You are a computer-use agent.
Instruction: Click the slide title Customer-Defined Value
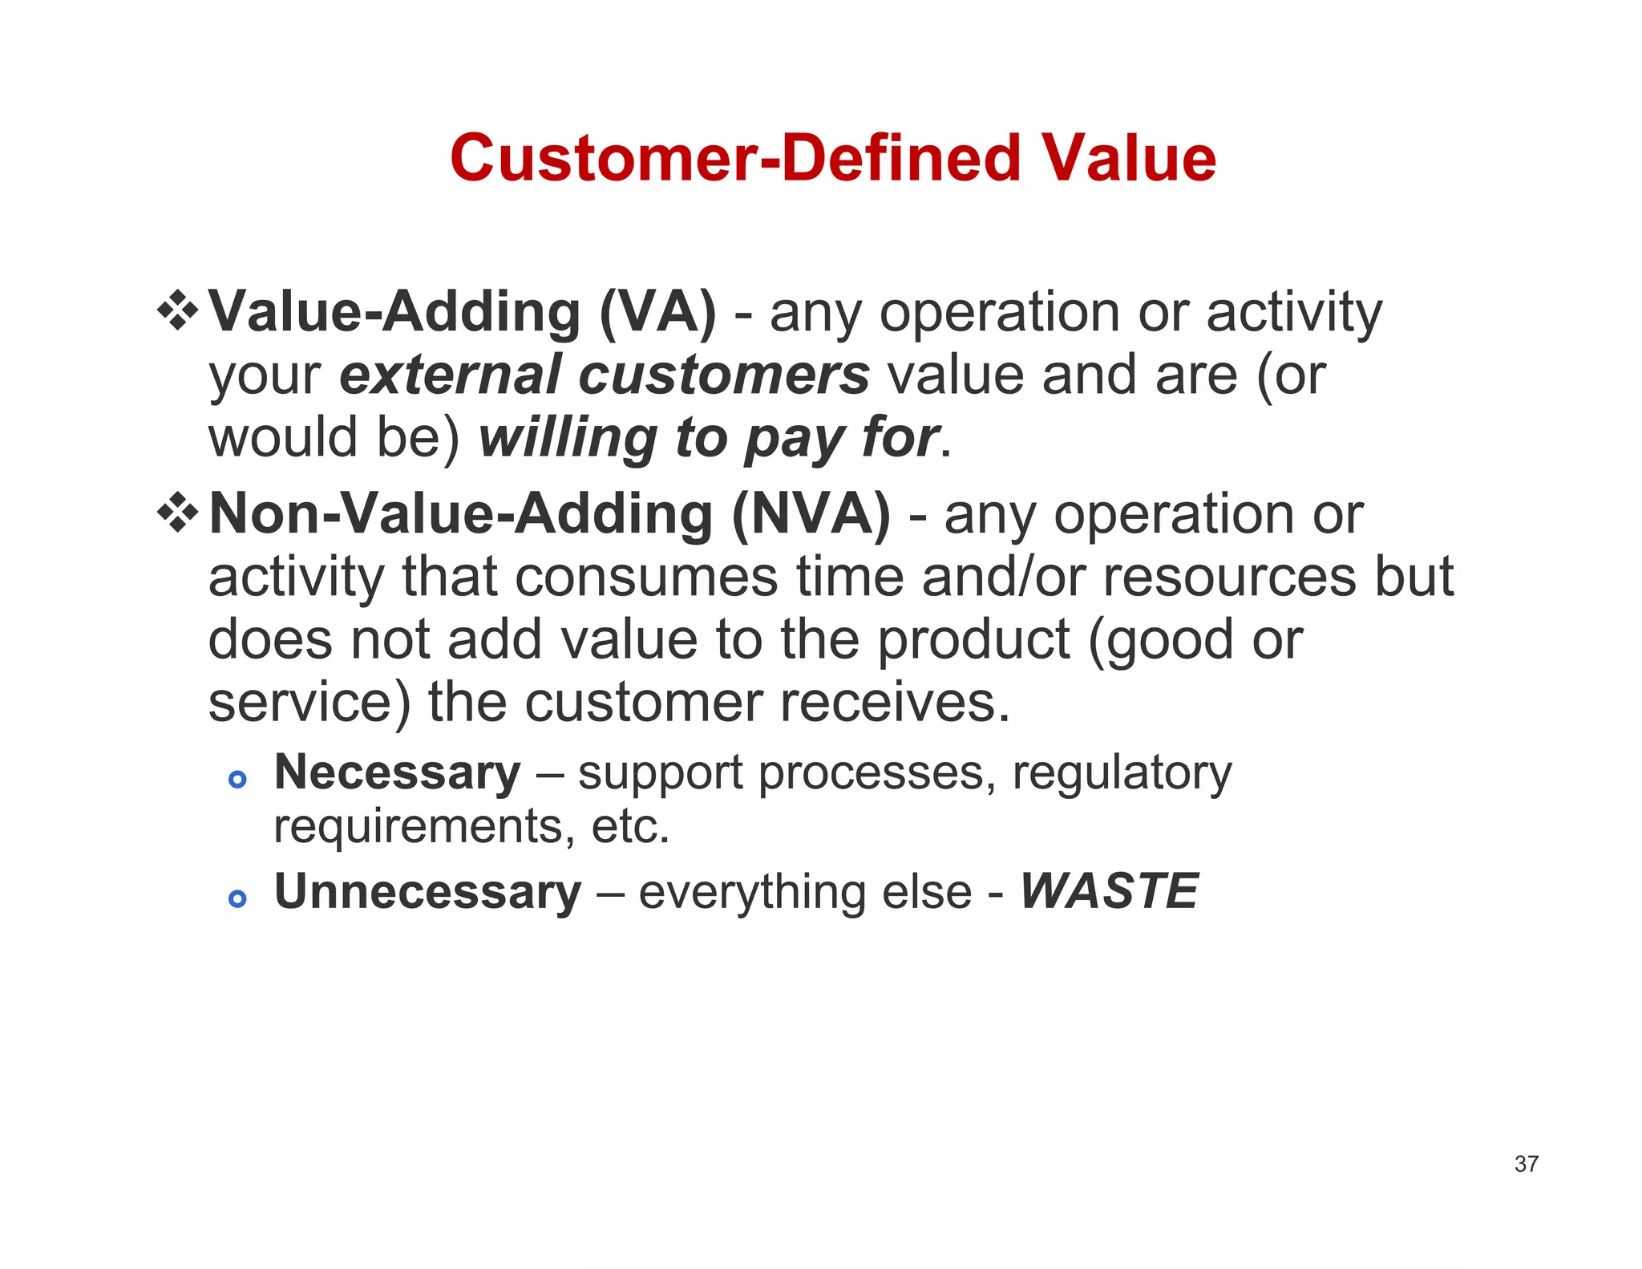point(832,158)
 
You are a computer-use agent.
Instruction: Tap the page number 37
point(1526,1164)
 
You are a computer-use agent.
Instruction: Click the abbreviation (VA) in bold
point(657,312)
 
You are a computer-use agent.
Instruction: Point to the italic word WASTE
point(1109,891)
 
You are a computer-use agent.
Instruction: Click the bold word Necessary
point(397,772)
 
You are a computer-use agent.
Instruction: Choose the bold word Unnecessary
point(427,891)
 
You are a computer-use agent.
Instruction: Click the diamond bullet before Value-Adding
point(177,311)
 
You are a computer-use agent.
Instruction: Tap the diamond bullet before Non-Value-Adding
point(177,513)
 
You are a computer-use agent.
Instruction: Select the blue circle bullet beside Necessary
point(237,779)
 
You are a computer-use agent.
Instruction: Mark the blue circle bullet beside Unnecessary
point(237,898)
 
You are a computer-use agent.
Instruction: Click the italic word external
point(450,375)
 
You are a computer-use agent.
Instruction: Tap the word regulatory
point(1122,774)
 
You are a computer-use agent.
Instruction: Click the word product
point(973,640)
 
